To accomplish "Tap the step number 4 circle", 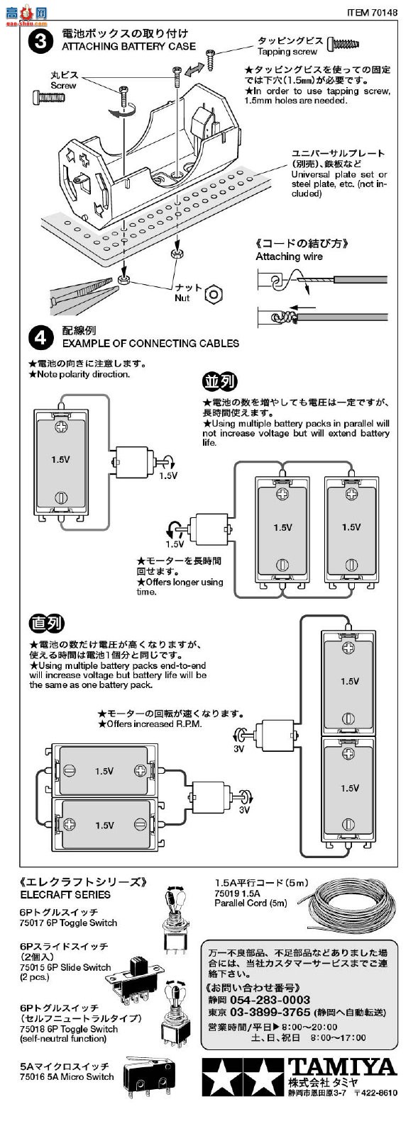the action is pos(40,338).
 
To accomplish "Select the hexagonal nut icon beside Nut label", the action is pos(214,294).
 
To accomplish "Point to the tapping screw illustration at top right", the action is pos(344,44).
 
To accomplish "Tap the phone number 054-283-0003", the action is pos(270,999).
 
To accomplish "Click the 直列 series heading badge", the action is pos(47,623).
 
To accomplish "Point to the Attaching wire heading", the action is pos(289,257).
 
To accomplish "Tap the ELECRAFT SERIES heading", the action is pos(66,894).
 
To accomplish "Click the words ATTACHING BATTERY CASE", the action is pos(129,47).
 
